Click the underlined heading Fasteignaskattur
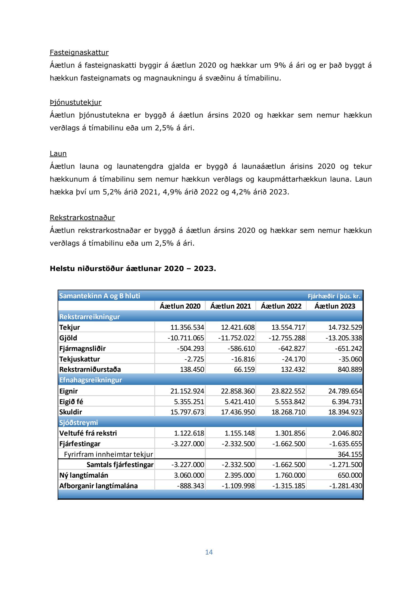pos(79,52)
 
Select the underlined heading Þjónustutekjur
pos(75,102)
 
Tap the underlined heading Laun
pos(58,153)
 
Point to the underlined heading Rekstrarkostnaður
pos(82,218)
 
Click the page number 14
pos(209,552)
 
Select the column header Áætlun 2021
pos(231,306)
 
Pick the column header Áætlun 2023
pos(335,306)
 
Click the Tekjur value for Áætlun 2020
pos(187,327)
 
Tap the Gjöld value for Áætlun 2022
pos(287,338)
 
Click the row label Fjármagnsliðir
pos(82,348)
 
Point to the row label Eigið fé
pos(71,402)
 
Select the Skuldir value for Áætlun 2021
pos(238,412)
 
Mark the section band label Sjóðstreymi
pos(79,423)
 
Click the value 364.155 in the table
pos(350,455)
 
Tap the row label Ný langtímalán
pos(84,475)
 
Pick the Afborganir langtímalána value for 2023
pos(346,486)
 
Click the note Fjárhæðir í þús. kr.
pos(334,296)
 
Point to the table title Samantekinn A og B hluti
pos(99,296)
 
